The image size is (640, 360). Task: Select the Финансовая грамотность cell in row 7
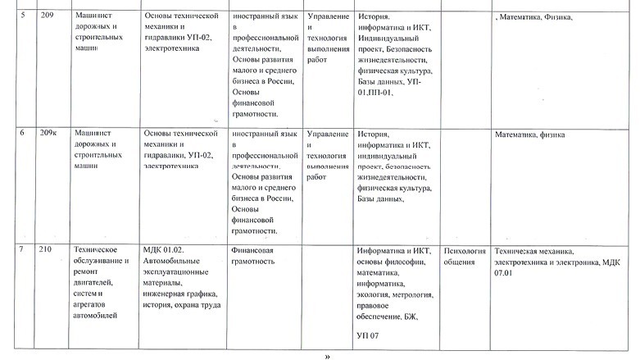point(252,256)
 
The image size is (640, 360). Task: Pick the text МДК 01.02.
point(162,249)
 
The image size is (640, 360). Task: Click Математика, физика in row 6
point(531,134)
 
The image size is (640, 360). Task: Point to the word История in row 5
point(374,16)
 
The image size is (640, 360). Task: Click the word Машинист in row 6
point(93,132)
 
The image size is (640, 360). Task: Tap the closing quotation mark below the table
point(328,356)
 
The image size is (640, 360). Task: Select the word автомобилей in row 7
point(95,314)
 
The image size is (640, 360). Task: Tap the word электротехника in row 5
point(171,48)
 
